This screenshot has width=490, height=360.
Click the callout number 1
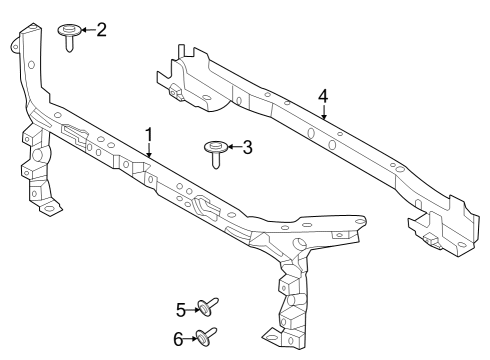click(x=149, y=133)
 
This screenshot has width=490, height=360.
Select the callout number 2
click(x=101, y=29)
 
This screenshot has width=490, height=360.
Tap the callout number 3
click(x=247, y=148)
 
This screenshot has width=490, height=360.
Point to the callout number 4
click(x=323, y=96)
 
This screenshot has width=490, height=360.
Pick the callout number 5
click(x=181, y=309)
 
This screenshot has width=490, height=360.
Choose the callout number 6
click(x=180, y=338)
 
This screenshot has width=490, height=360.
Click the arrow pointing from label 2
click(x=87, y=30)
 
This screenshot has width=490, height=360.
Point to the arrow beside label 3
click(x=233, y=148)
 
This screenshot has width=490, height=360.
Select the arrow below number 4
click(x=323, y=112)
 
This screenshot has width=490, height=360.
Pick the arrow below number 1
click(x=149, y=149)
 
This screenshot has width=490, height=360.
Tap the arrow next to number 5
click(x=194, y=309)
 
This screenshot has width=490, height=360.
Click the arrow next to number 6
click(x=193, y=338)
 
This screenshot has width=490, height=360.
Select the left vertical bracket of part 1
click(x=36, y=170)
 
